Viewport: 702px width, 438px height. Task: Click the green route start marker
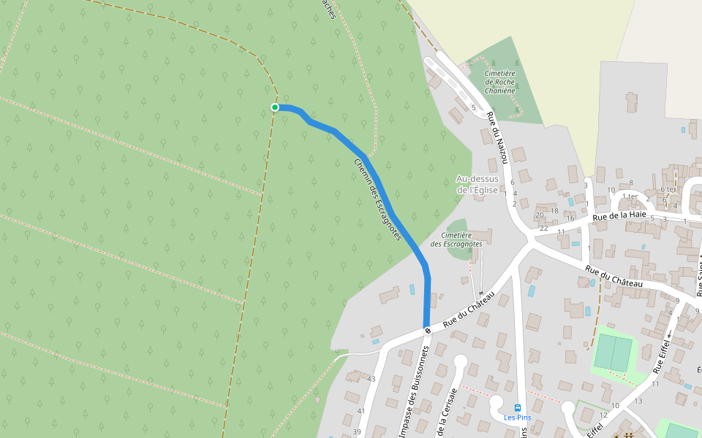click(x=275, y=107)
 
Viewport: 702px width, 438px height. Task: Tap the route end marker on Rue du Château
click(x=427, y=331)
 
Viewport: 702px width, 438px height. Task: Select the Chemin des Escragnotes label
click(x=378, y=200)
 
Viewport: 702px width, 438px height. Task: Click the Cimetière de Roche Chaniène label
click(x=500, y=82)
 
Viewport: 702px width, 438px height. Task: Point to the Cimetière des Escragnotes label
click(x=456, y=239)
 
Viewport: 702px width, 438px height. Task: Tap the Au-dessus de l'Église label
click(x=477, y=184)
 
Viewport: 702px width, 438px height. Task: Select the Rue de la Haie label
click(x=619, y=215)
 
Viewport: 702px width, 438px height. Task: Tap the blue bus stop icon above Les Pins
click(x=518, y=407)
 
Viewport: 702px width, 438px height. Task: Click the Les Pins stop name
click(x=518, y=418)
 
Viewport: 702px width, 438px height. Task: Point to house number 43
click(x=371, y=379)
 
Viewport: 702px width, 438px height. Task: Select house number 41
click(x=361, y=412)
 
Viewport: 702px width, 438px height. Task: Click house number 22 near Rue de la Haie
click(x=544, y=228)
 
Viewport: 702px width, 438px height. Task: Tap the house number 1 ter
click(x=630, y=196)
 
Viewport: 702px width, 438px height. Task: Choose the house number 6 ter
click(x=668, y=189)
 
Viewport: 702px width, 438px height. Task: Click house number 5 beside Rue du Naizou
click(x=473, y=108)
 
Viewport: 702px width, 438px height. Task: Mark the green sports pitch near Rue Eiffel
click(x=613, y=351)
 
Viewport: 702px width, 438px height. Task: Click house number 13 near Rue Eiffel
click(x=638, y=401)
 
